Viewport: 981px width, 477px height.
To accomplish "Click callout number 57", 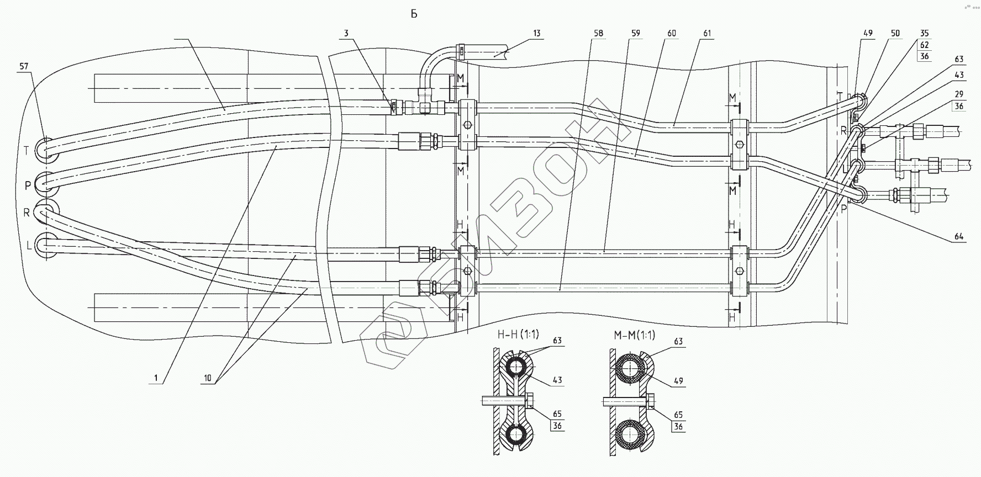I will (24, 66).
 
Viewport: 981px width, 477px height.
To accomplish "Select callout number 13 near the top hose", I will (536, 33).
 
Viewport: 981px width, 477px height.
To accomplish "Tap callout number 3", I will (346, 33).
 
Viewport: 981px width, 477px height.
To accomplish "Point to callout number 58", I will (598, 33).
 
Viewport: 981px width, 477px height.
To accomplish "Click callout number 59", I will (635, 33).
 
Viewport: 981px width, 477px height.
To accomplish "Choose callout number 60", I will (672, 33).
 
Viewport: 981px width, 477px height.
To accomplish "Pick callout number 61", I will (708, 33).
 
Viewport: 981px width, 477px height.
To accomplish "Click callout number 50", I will (895, 33).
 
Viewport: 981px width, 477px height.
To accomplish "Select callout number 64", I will (958, 237).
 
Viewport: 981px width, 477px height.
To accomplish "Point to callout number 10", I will (207, 379).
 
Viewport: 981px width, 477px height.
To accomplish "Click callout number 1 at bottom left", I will (156, 379).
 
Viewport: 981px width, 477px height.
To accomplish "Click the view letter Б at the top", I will (414, 14).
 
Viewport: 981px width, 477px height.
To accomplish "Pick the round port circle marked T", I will (45, 149).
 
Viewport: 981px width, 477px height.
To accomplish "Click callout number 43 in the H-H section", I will (557, 380).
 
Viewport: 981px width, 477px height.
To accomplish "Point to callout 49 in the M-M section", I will (678, 380).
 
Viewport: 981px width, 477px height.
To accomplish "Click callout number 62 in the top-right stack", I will (925, 45).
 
